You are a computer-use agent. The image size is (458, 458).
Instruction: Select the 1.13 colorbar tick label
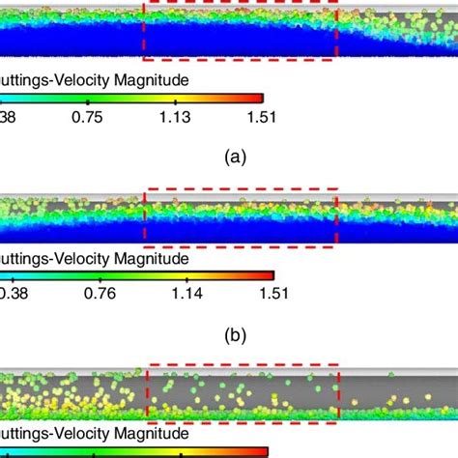coord(175,118)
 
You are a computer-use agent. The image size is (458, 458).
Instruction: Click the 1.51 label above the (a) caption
coord(261,118)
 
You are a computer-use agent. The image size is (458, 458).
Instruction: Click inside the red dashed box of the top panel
coord(239,29)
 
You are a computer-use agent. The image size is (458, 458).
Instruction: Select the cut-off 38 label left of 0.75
coord(8,118)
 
